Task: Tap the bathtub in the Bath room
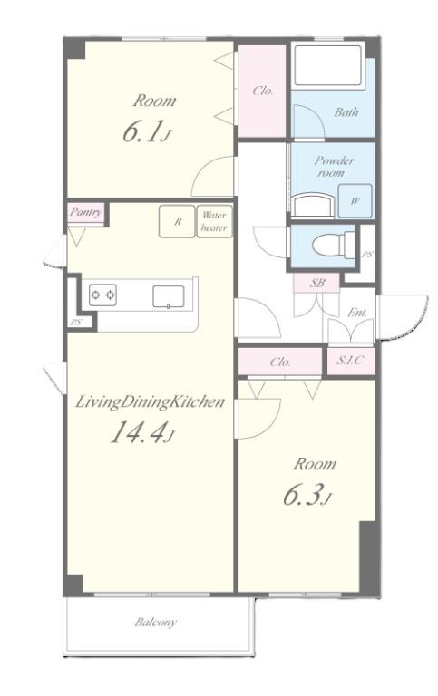coord(327,65)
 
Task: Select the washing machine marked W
coord(355,200)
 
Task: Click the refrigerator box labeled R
coord(177,221)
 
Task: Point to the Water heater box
coord(215,221)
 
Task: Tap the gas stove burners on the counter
coord(102,295)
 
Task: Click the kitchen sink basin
coord(169,296)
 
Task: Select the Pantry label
coord(86,212)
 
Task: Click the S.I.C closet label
coord(349,360)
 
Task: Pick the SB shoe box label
coord(316,282)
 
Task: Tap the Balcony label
coord(155,622)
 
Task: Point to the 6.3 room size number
coord(307,496)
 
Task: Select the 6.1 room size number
coord(145,131)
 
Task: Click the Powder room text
coord(334,167)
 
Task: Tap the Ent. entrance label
coord(357,313)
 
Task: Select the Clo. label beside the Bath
coord(263,91)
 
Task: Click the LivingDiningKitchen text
coord(150,402)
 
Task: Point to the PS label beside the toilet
coord(367,255)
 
